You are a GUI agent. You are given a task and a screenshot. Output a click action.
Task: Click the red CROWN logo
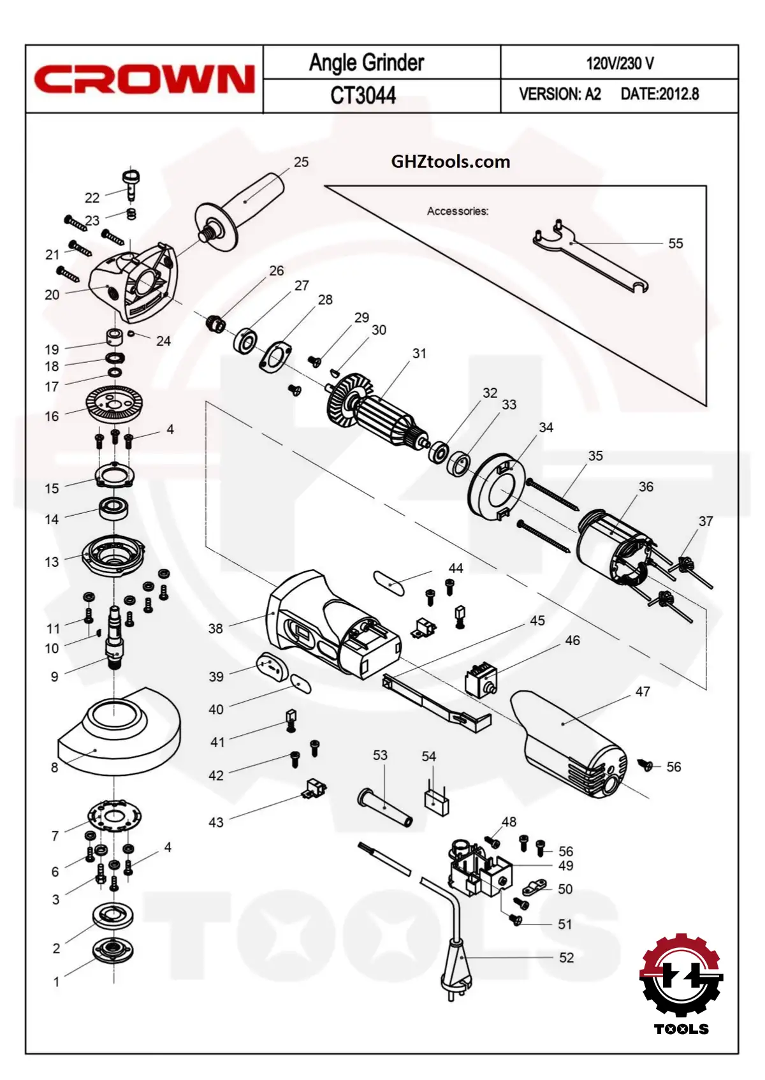pos(144,80)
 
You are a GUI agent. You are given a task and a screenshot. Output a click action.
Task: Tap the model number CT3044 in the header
pos(363,96)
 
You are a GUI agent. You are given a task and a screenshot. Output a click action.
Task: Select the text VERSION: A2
pos(560,94)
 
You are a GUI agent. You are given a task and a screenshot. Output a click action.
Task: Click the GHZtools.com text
pos(451,161)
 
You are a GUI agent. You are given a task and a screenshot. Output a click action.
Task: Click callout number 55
pos(675,244)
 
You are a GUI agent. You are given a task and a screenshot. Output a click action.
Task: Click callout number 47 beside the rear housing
pos(643,692)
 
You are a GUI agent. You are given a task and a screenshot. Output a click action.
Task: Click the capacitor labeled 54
pos(436,801)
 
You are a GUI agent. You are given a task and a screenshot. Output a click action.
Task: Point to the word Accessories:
pos(458,211)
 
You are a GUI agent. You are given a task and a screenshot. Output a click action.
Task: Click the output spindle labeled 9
pos(115,638)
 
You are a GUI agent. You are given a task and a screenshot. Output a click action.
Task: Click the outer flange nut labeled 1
pos(113,952)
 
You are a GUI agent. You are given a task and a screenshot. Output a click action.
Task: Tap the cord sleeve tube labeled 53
pos(385,807)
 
